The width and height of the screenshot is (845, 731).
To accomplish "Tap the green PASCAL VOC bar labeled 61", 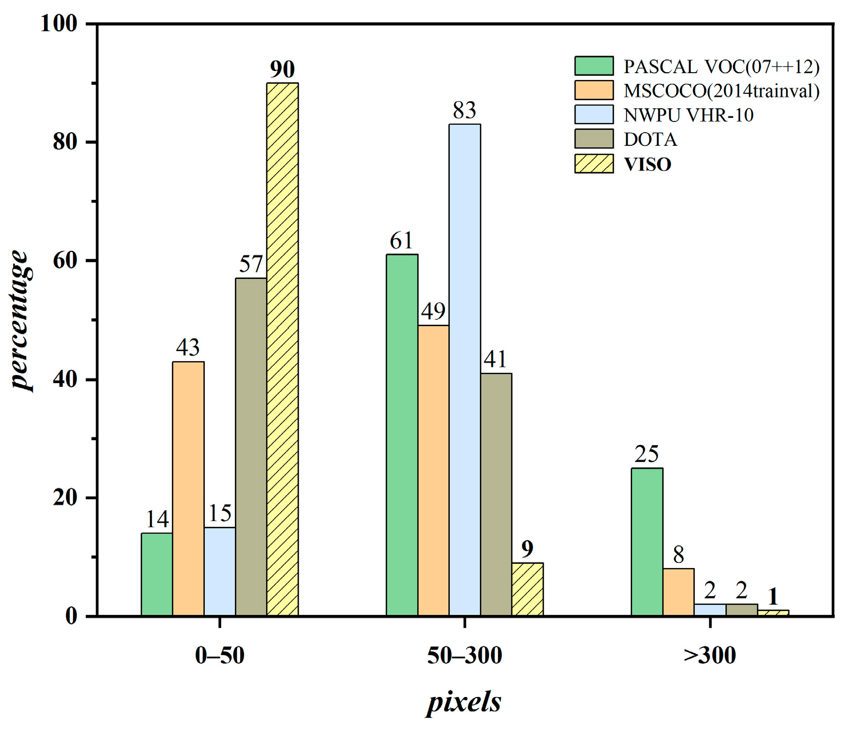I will pyautogui.click(x=402, y=435).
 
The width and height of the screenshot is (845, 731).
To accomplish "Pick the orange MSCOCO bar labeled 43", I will pyautogui.click(x=188, y=489).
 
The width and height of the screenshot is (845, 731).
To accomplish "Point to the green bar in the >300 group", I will pyautogui.click(x=647, y=542).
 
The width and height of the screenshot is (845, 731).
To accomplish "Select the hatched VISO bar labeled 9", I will pyautogui.click(x=527, y=589).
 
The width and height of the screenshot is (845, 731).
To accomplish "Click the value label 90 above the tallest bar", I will pyautogui.click(x=282, y=69).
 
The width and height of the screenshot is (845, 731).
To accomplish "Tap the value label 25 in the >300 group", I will pyautogui.click(x=647, y=454).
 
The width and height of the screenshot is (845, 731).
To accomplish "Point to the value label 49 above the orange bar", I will pyautogui.click(x=433, y=311).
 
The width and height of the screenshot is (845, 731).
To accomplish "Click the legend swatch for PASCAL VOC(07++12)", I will pyautogui.click(x=594, y=66).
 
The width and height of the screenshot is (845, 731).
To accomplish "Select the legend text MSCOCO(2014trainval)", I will pyautogui.click(x=721, y=91).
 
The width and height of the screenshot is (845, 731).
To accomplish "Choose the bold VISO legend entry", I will pyautogui.click(x=647, y=164).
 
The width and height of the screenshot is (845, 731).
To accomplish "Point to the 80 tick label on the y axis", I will pyautogui.click(x=65, y=142).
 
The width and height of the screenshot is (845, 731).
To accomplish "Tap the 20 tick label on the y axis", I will pyautogui.click(x=65, y=498).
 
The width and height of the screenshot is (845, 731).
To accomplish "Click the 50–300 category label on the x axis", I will pyautogui.click(x=465, y=656).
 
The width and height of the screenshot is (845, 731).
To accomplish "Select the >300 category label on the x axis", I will pyautogui.click(x=710, y=656).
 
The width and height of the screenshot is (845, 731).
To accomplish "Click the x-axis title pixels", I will pyautogui.click(x=464, y=702).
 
